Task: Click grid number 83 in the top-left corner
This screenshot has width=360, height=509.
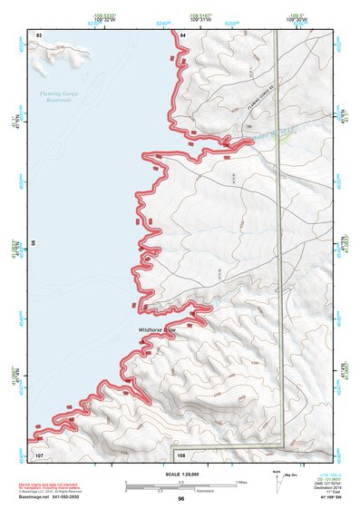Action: pyautogui.click(x=39, y=34)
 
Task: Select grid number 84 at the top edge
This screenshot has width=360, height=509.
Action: pyautogui.click(x=182, y=34)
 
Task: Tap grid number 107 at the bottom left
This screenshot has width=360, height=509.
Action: pyautogui.click(x=39, y=453)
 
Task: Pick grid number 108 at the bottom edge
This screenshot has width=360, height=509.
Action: pyautogui.click(x=180, y=453)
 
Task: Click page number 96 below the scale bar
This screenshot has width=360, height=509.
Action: pyautogui.click(x=181, y=499)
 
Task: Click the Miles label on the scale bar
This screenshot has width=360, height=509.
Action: pyautogui.click(x=240, y=481)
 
